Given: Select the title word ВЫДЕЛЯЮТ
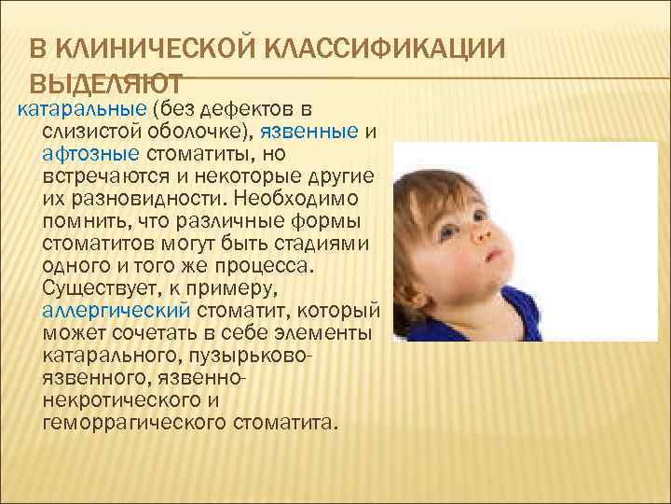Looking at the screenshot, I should (104, 82).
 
